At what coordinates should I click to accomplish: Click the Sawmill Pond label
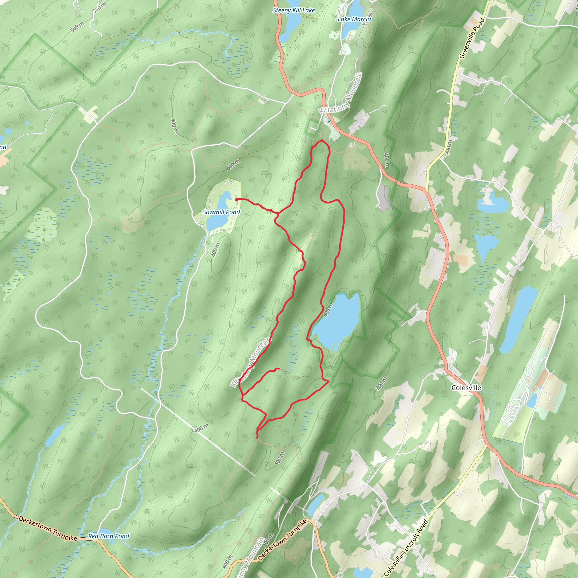(221, 212)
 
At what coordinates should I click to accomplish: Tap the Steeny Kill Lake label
(294, 10)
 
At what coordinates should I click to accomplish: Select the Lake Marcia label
(354, 19)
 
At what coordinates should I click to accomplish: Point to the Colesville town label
(467, 388)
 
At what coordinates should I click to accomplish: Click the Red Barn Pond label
(109, 536)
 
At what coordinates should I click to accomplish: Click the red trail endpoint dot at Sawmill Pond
(236, 199)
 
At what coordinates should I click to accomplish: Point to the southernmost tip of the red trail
(257, 438)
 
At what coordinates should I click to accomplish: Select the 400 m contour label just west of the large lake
(328, 310)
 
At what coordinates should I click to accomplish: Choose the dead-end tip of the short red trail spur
(279, 369)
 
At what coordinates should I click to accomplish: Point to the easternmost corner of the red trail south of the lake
(329, 381)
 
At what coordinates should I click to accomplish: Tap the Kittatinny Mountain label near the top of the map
(341, 93)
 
